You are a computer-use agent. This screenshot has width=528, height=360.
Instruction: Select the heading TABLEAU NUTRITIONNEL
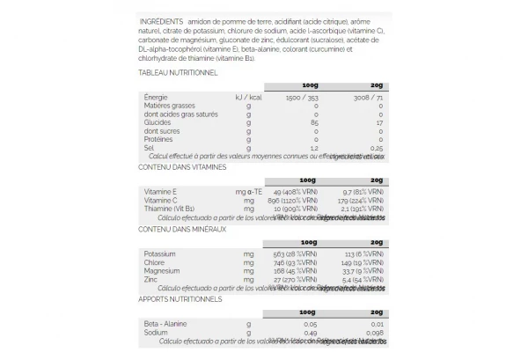click(178, 73)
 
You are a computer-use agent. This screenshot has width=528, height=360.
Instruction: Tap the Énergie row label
click(156, 96)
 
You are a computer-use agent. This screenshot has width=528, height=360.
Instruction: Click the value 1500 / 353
click(299, 96)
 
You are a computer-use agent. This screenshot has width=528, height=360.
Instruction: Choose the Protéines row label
click(158, 139)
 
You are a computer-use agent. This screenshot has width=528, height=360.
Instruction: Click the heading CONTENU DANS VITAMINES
click(182, 166)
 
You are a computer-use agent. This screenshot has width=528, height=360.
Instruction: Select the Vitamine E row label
click(161, 191)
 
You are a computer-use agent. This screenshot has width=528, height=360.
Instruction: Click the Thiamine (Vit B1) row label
click(171, 209)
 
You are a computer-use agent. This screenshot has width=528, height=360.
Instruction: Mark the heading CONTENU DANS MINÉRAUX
click(182, 229)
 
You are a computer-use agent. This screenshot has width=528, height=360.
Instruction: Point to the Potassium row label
click(160, 253)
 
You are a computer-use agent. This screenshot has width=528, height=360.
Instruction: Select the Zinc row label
click(151, 279)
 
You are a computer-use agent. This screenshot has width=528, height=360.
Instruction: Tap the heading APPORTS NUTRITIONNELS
click(180, 299)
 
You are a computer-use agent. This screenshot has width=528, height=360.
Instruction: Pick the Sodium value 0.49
click(310, 333)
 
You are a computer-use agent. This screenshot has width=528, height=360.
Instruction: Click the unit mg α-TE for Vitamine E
click(249, 191)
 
